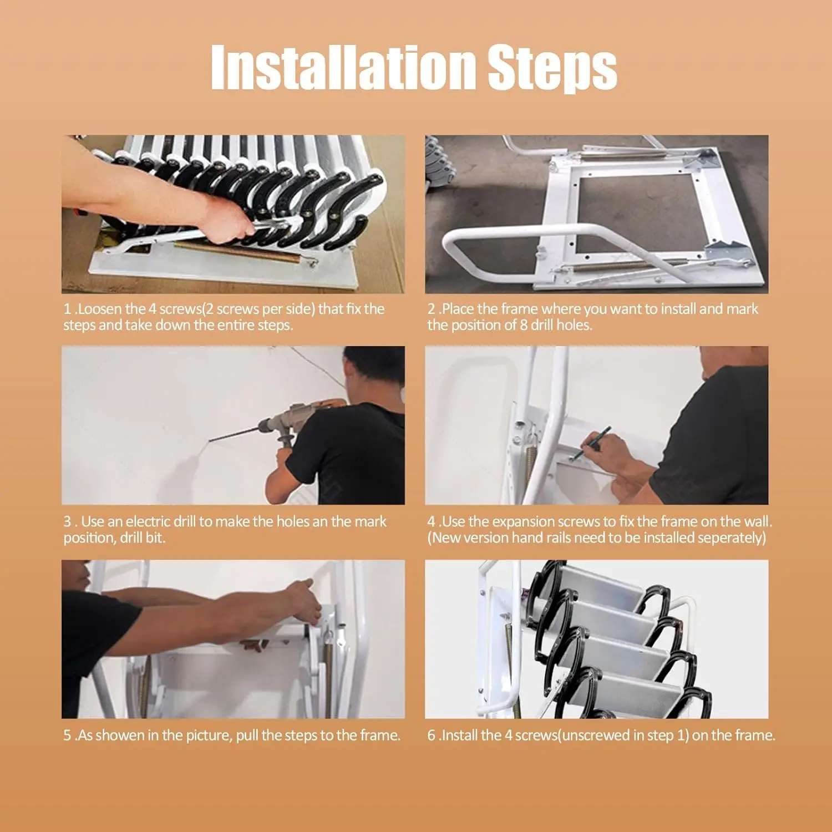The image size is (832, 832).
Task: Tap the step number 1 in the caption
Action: (x=67, y=309)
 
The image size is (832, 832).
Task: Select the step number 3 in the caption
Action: (x=67, y=521)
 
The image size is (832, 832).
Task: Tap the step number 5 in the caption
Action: (x=67, y=735)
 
